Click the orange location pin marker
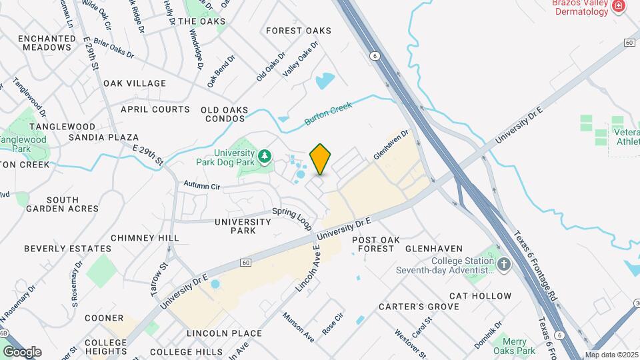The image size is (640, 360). point(321,159)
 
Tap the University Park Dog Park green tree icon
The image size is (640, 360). point(265,156)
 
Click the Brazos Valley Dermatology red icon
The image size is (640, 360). point(619,6)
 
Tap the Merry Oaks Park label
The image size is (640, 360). point(515,346)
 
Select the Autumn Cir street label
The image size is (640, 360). point(202,187)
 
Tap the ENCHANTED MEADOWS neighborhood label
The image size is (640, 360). point(47,43)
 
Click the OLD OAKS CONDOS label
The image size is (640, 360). point(225,115)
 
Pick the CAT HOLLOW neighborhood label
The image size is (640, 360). point(480,296)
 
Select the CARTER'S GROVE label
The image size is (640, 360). point(419,307)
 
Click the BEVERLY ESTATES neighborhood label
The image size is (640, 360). point(58,249)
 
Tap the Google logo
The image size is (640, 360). point(22,351)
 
